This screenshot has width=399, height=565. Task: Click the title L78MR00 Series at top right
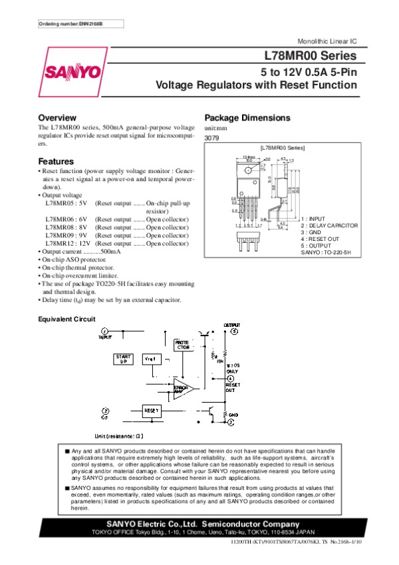[x=311, y=56]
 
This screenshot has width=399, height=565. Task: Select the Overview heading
[x=57, y=118]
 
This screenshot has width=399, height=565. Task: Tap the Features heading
[x=55, y=162]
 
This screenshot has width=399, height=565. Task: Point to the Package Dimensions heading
[x=247, y=118]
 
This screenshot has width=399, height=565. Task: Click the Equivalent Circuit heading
[x=66, y=319]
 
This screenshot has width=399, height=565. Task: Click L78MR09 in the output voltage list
[x=61, y=236]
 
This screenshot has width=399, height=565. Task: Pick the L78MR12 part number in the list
[x=61, y=244]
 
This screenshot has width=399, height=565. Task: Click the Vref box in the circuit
[x=151, y=359]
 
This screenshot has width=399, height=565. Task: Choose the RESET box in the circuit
[x=152, y=411]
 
